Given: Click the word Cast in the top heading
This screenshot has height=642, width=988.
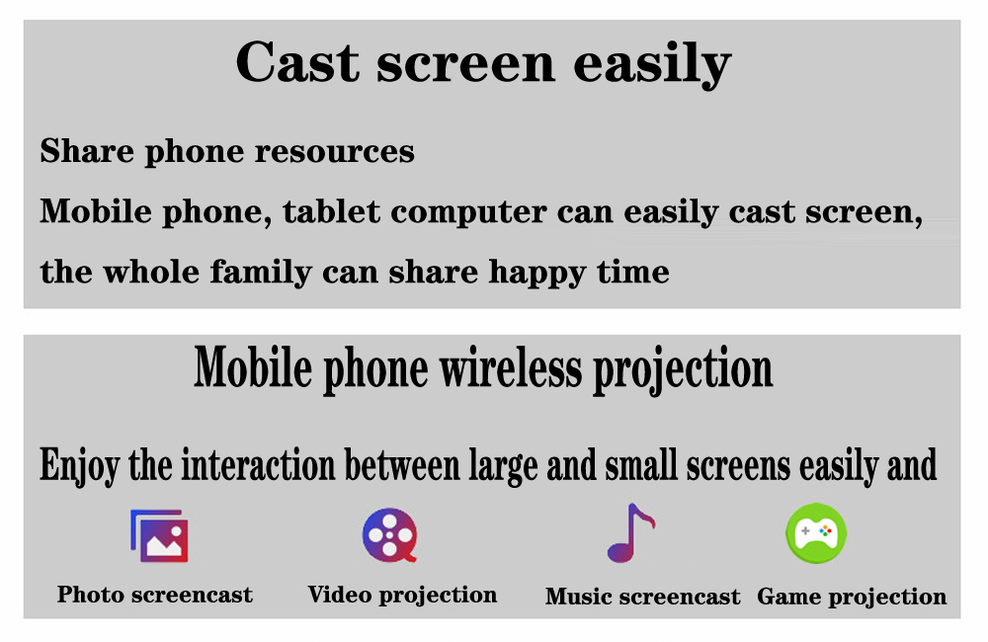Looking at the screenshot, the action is (297, 62).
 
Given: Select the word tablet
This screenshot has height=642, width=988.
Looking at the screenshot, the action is (331, 211).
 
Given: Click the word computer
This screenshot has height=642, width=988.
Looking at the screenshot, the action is (468, 213).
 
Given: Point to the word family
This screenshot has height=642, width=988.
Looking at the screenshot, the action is (261, 273).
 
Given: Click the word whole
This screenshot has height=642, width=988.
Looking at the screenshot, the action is (151, 272).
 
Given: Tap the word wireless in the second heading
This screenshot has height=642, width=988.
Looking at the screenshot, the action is (511, 368).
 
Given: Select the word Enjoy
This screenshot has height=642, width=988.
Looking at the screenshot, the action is (79, 467).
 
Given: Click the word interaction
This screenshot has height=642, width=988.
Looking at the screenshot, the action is (258, 465).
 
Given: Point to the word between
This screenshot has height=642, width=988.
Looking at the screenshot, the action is (402, 465).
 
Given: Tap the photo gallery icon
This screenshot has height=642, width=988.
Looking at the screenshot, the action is (159, 535).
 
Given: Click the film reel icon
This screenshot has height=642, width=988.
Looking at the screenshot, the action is (390, 535).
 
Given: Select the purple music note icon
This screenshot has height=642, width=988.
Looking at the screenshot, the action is (630, 533).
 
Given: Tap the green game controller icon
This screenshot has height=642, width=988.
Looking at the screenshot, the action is (816, 533).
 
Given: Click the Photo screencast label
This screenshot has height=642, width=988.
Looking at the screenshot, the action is (155, 595).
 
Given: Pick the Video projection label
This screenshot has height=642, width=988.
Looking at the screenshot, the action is (403, 596).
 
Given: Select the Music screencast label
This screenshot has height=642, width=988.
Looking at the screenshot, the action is (643, 597).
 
